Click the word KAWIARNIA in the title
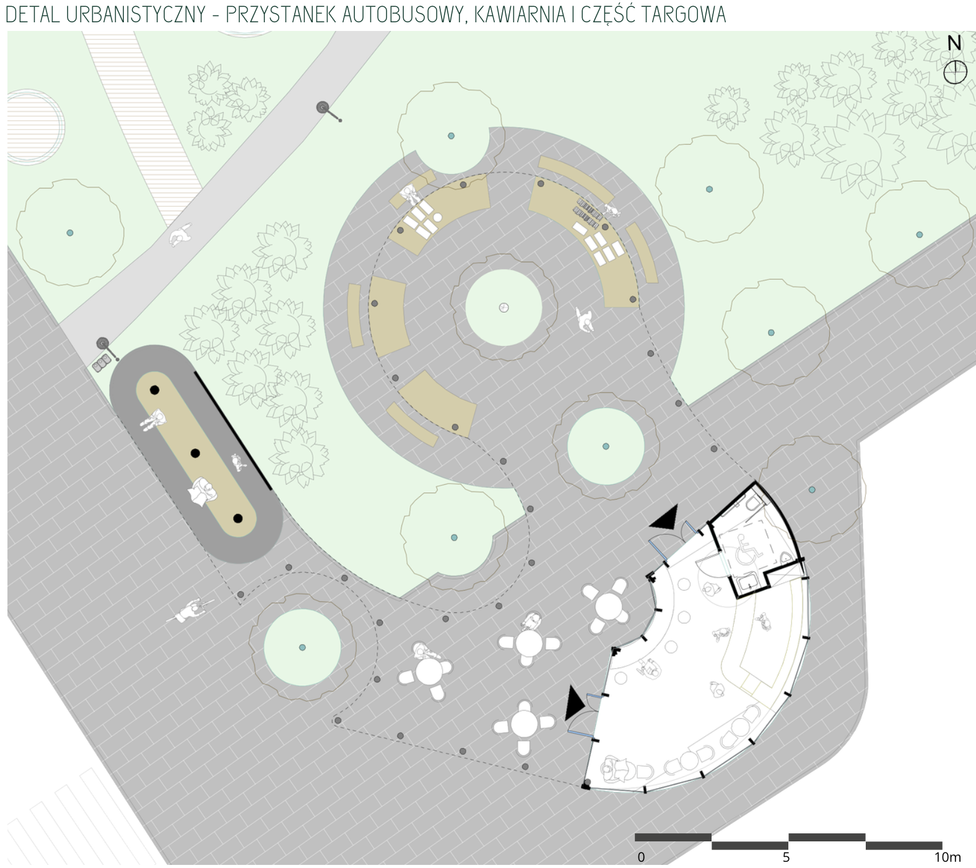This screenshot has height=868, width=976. [x=519, y=14]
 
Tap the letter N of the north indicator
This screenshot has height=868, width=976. [x=954, y=43]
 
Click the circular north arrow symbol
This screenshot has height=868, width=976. [x=955, y=72]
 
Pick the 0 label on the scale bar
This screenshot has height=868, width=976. [x=641, y=857]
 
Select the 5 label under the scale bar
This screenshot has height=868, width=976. [x=786, y=857]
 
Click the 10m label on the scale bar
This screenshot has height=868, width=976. [x=948, y=857]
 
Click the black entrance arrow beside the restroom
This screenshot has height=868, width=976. [x=664, y=518]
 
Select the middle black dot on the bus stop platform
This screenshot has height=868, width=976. [x=195, y=453]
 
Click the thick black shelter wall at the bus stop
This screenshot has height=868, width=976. [x=233, y=431]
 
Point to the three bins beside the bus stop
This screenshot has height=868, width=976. [x=102, y=363]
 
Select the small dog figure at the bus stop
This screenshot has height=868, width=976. [x=238, y=461]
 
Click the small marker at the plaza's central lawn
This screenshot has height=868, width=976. [x=503, y=308]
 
